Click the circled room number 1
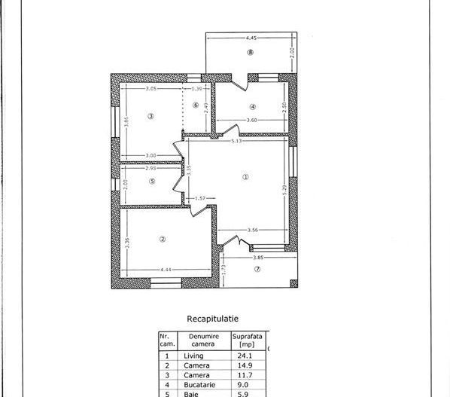[245, 177]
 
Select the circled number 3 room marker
[151, 115]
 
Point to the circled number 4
[253, 106]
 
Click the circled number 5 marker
[151, 181]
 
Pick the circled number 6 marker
[196, 105]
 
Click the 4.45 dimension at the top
[251, 36]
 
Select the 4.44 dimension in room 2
[166, 270]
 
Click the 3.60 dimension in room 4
[253, 121]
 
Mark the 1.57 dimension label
[201, 198]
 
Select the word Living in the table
[193, 356]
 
